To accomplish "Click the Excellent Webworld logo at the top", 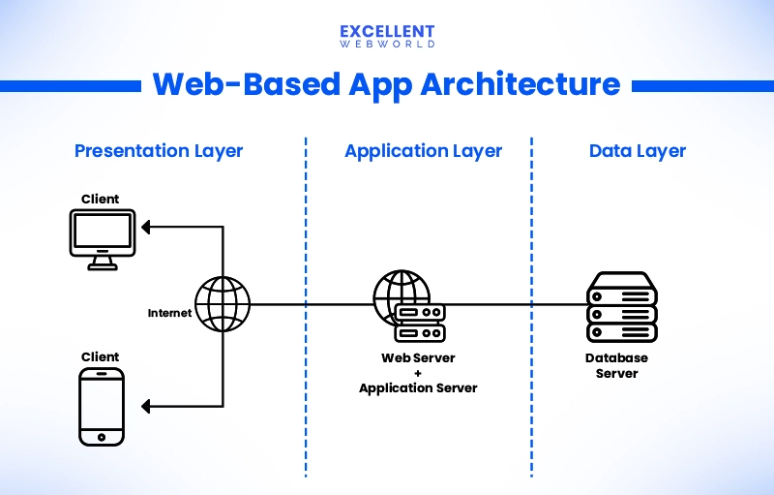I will point(387,36).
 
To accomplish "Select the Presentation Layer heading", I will point(159,151).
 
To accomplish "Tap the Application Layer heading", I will point(423,151).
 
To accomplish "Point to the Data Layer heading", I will point(637,151).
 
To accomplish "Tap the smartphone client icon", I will point(101,406).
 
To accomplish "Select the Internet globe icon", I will point(223,304).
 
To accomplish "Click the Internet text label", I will point(169,313).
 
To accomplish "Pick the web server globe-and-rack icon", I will point(407,305).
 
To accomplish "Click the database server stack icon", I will point(622,305).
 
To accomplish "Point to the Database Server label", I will point(617,365).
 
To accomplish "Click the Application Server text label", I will point(418,387).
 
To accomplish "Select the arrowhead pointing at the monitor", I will point(146,228).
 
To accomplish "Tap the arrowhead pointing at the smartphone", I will point(146,406).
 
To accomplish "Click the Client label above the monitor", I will point(101,199).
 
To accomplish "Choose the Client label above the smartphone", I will point(101,357).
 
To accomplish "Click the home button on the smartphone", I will point(101,438).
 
